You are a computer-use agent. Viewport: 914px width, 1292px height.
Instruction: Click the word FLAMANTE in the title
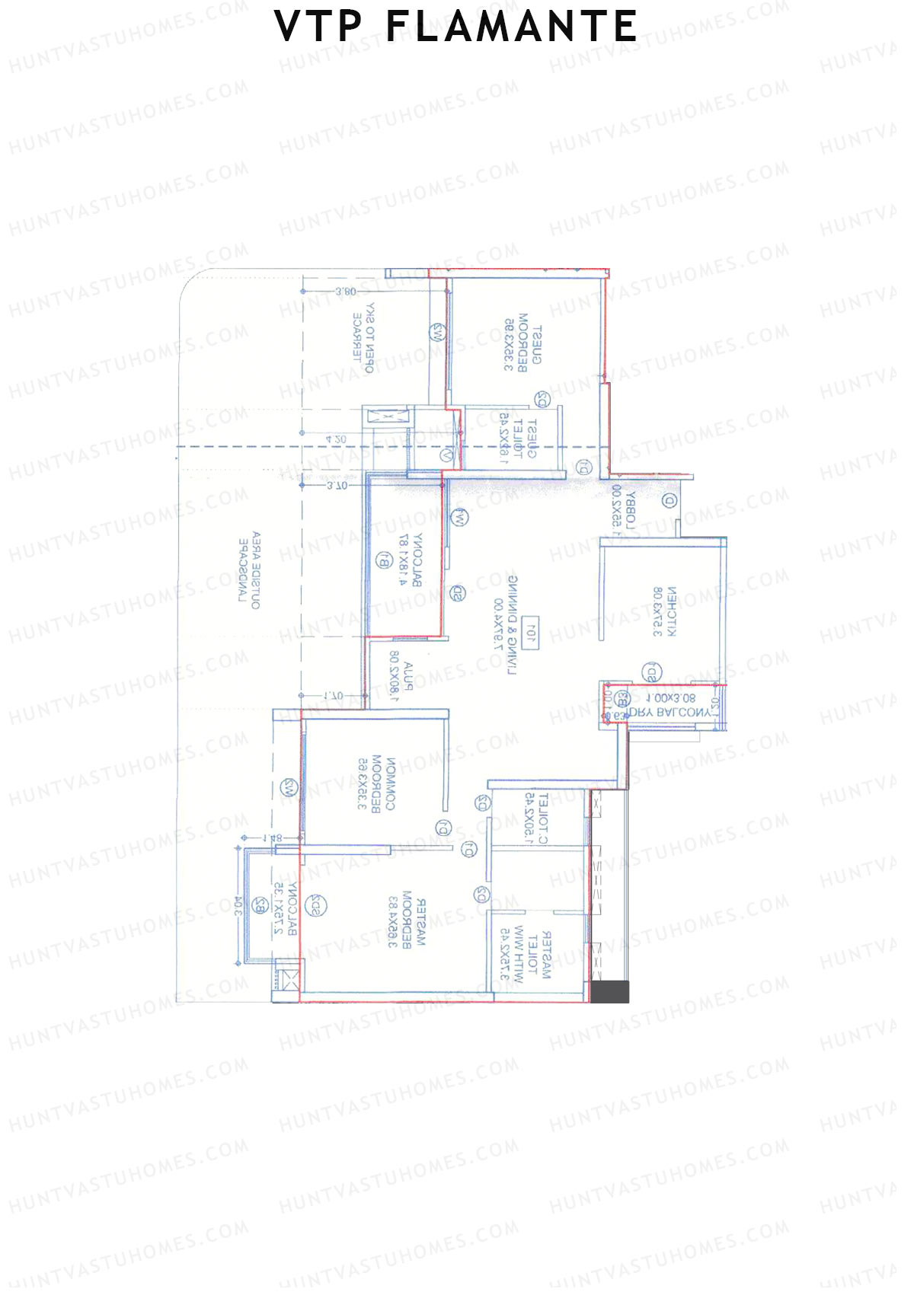click(x=512, y=27)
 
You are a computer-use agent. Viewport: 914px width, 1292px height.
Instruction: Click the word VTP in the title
click(x=318, y=27)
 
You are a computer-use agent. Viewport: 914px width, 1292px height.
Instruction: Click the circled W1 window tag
click(x=460, y=517)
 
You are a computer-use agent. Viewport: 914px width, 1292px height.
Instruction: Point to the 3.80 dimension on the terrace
click(x=345, y=292)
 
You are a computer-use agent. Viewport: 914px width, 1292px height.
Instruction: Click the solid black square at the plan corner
click(x=610, y=991)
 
